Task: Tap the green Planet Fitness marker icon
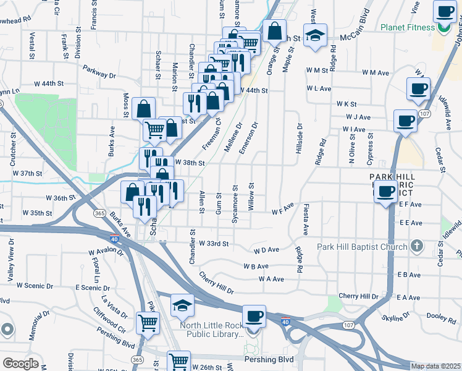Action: [x=443, y=27]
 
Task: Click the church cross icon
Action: [x=417, y=247]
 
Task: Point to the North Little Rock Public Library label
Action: [x=212, y=330]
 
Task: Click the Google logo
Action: [x=20, y=363]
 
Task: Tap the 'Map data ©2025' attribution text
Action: [x=435, y=366]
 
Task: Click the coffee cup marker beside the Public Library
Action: [x=254, y=317]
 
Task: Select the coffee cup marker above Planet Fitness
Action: [x=445, y=12]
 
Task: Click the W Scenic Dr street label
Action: [x=36, y=285]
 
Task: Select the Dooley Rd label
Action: [x=441, y=317]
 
